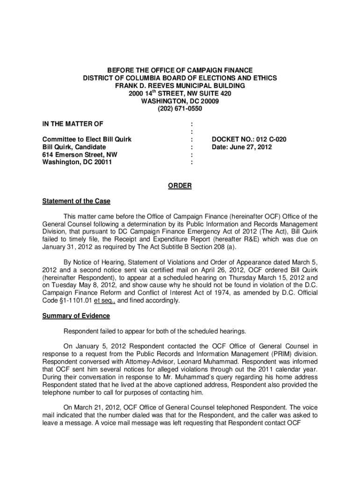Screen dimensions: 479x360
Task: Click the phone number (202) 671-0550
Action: click(180, 109)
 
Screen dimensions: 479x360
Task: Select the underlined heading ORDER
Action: click(180, 186)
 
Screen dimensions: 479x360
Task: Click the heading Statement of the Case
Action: click(76, 201)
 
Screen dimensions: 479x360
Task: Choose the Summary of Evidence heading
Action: click(76, 316)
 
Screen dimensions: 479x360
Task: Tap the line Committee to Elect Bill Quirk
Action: click(86, 139)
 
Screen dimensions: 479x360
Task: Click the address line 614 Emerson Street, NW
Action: click(80, 154)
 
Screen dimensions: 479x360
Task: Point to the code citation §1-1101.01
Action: click(73, 300)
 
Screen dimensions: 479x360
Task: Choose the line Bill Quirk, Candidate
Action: click(74, 147)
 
